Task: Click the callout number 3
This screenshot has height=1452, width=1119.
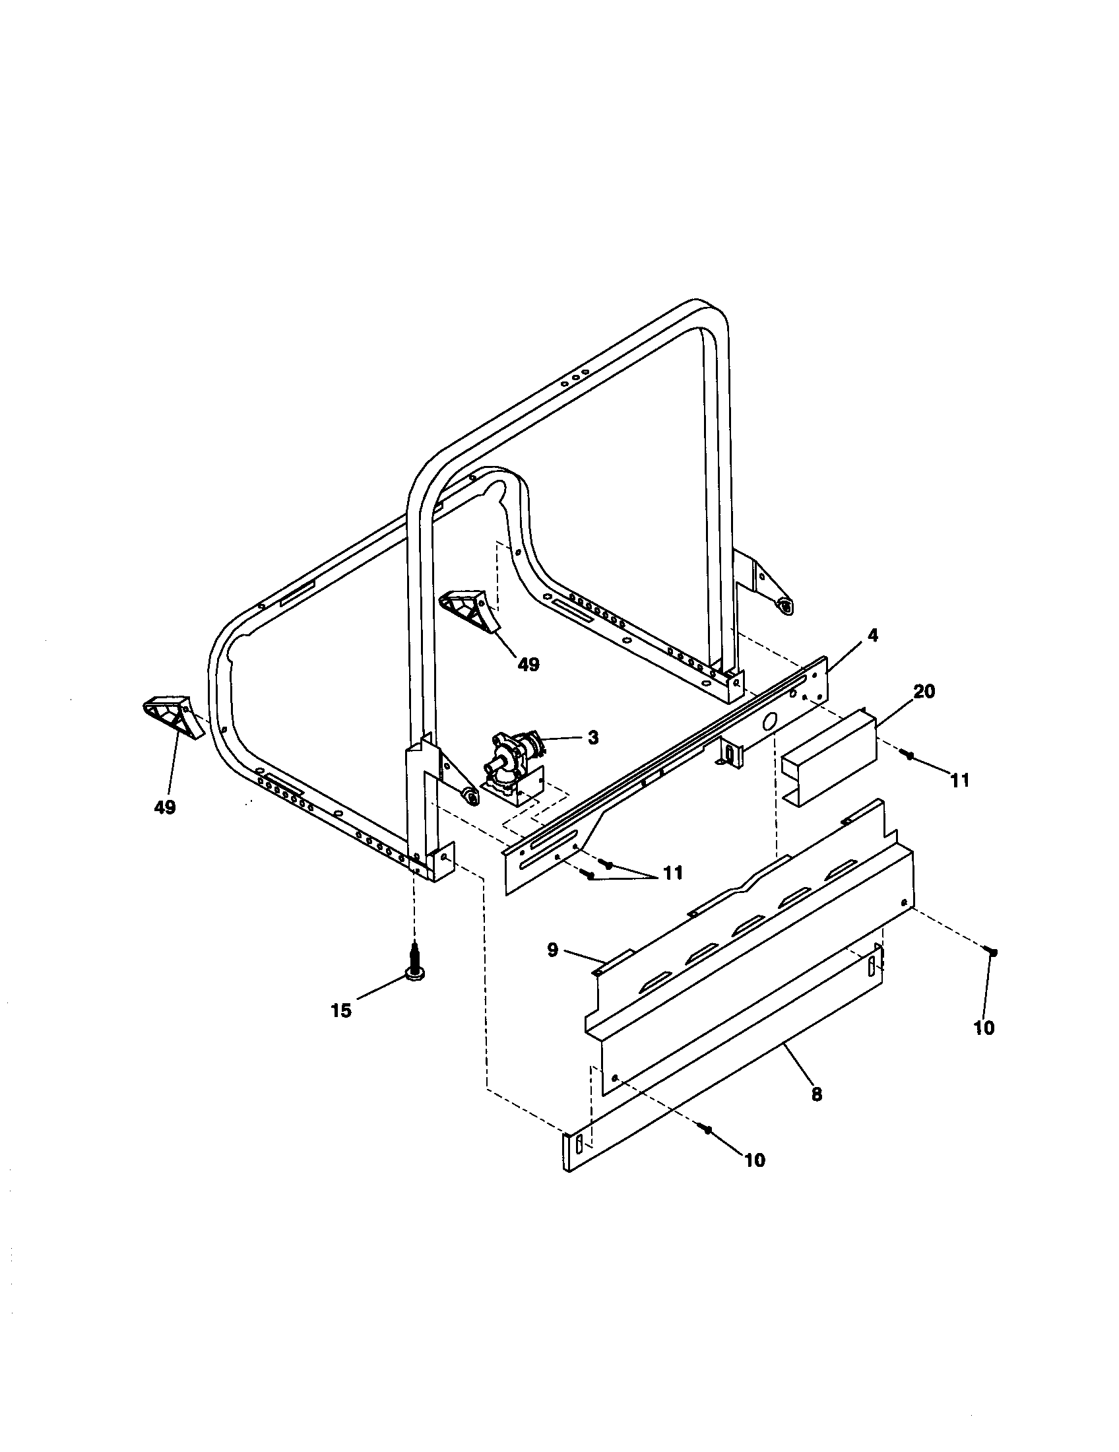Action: coord(592,737)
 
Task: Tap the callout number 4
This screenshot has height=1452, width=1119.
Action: coord(872,636)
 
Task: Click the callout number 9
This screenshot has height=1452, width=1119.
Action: coord(553,950)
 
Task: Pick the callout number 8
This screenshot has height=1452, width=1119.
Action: coord(817,1094)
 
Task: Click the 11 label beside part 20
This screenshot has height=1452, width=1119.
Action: coord(959,781)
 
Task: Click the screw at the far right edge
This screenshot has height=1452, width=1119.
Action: coord(992,952)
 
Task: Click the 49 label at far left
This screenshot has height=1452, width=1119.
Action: coord(165,807)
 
